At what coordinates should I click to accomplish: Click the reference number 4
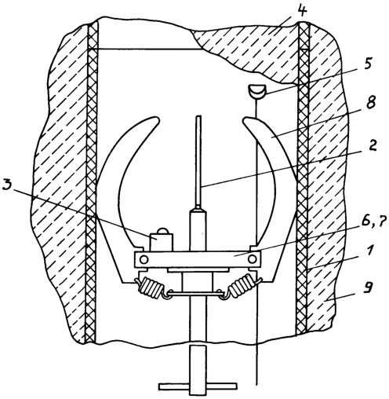pos(303,10)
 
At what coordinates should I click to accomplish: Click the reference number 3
pos(8,185)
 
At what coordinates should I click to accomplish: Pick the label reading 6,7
pos(372,223)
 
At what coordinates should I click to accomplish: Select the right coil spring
pos(242,285)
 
